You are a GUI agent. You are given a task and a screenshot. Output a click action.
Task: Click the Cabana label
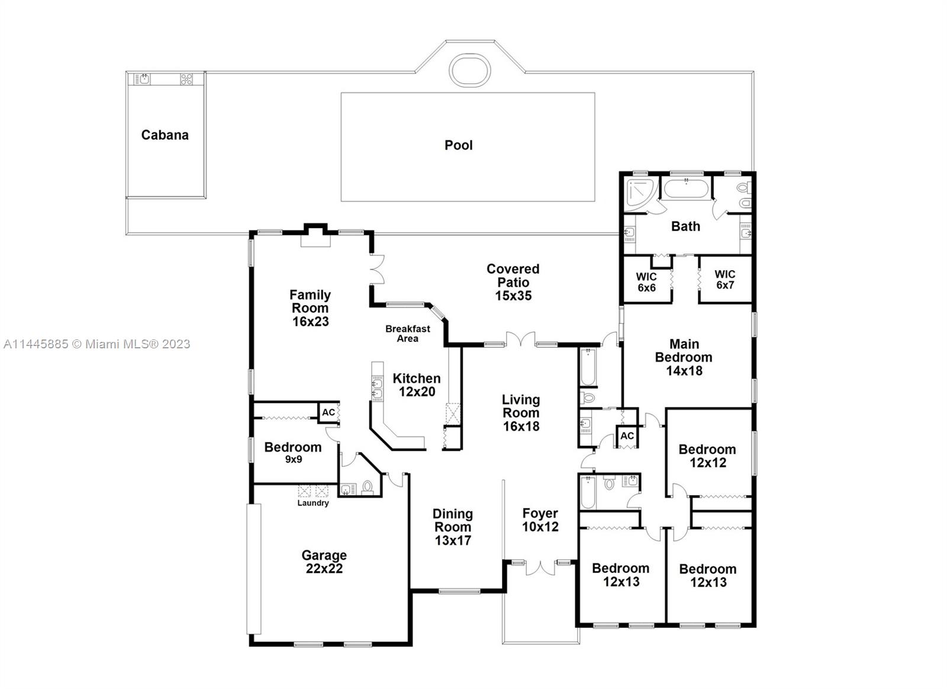(165, 135)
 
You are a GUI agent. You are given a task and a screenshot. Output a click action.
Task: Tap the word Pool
(458, 145)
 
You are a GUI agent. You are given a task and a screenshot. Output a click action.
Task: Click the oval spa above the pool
(470, 70)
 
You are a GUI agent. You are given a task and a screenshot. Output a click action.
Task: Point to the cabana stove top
(186, 79)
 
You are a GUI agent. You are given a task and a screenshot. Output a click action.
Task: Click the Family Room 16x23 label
(310, 308)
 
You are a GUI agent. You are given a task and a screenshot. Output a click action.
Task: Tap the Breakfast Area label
(408, 334)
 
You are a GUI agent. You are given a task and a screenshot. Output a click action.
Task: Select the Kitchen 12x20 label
(417, 384)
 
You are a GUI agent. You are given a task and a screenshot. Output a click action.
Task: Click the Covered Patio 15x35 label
(513, 282)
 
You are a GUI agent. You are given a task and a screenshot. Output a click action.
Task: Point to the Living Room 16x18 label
(521, 413)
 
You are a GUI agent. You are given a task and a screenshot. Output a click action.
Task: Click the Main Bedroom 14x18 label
(684, 357)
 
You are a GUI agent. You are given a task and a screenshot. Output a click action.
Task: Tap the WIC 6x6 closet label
(646, 282)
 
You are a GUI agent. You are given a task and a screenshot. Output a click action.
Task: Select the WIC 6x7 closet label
(725, 280)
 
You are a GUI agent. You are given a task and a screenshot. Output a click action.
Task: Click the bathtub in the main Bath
(685, 189)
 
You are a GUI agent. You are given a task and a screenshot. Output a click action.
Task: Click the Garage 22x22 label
(324, 562)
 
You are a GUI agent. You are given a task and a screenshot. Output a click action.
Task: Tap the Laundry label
(313, 503)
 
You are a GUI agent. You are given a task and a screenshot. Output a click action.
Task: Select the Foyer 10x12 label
(540, 520)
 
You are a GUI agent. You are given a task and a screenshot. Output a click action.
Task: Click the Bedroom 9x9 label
(292, 453)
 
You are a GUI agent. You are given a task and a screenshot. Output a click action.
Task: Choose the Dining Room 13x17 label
(453, 527)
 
